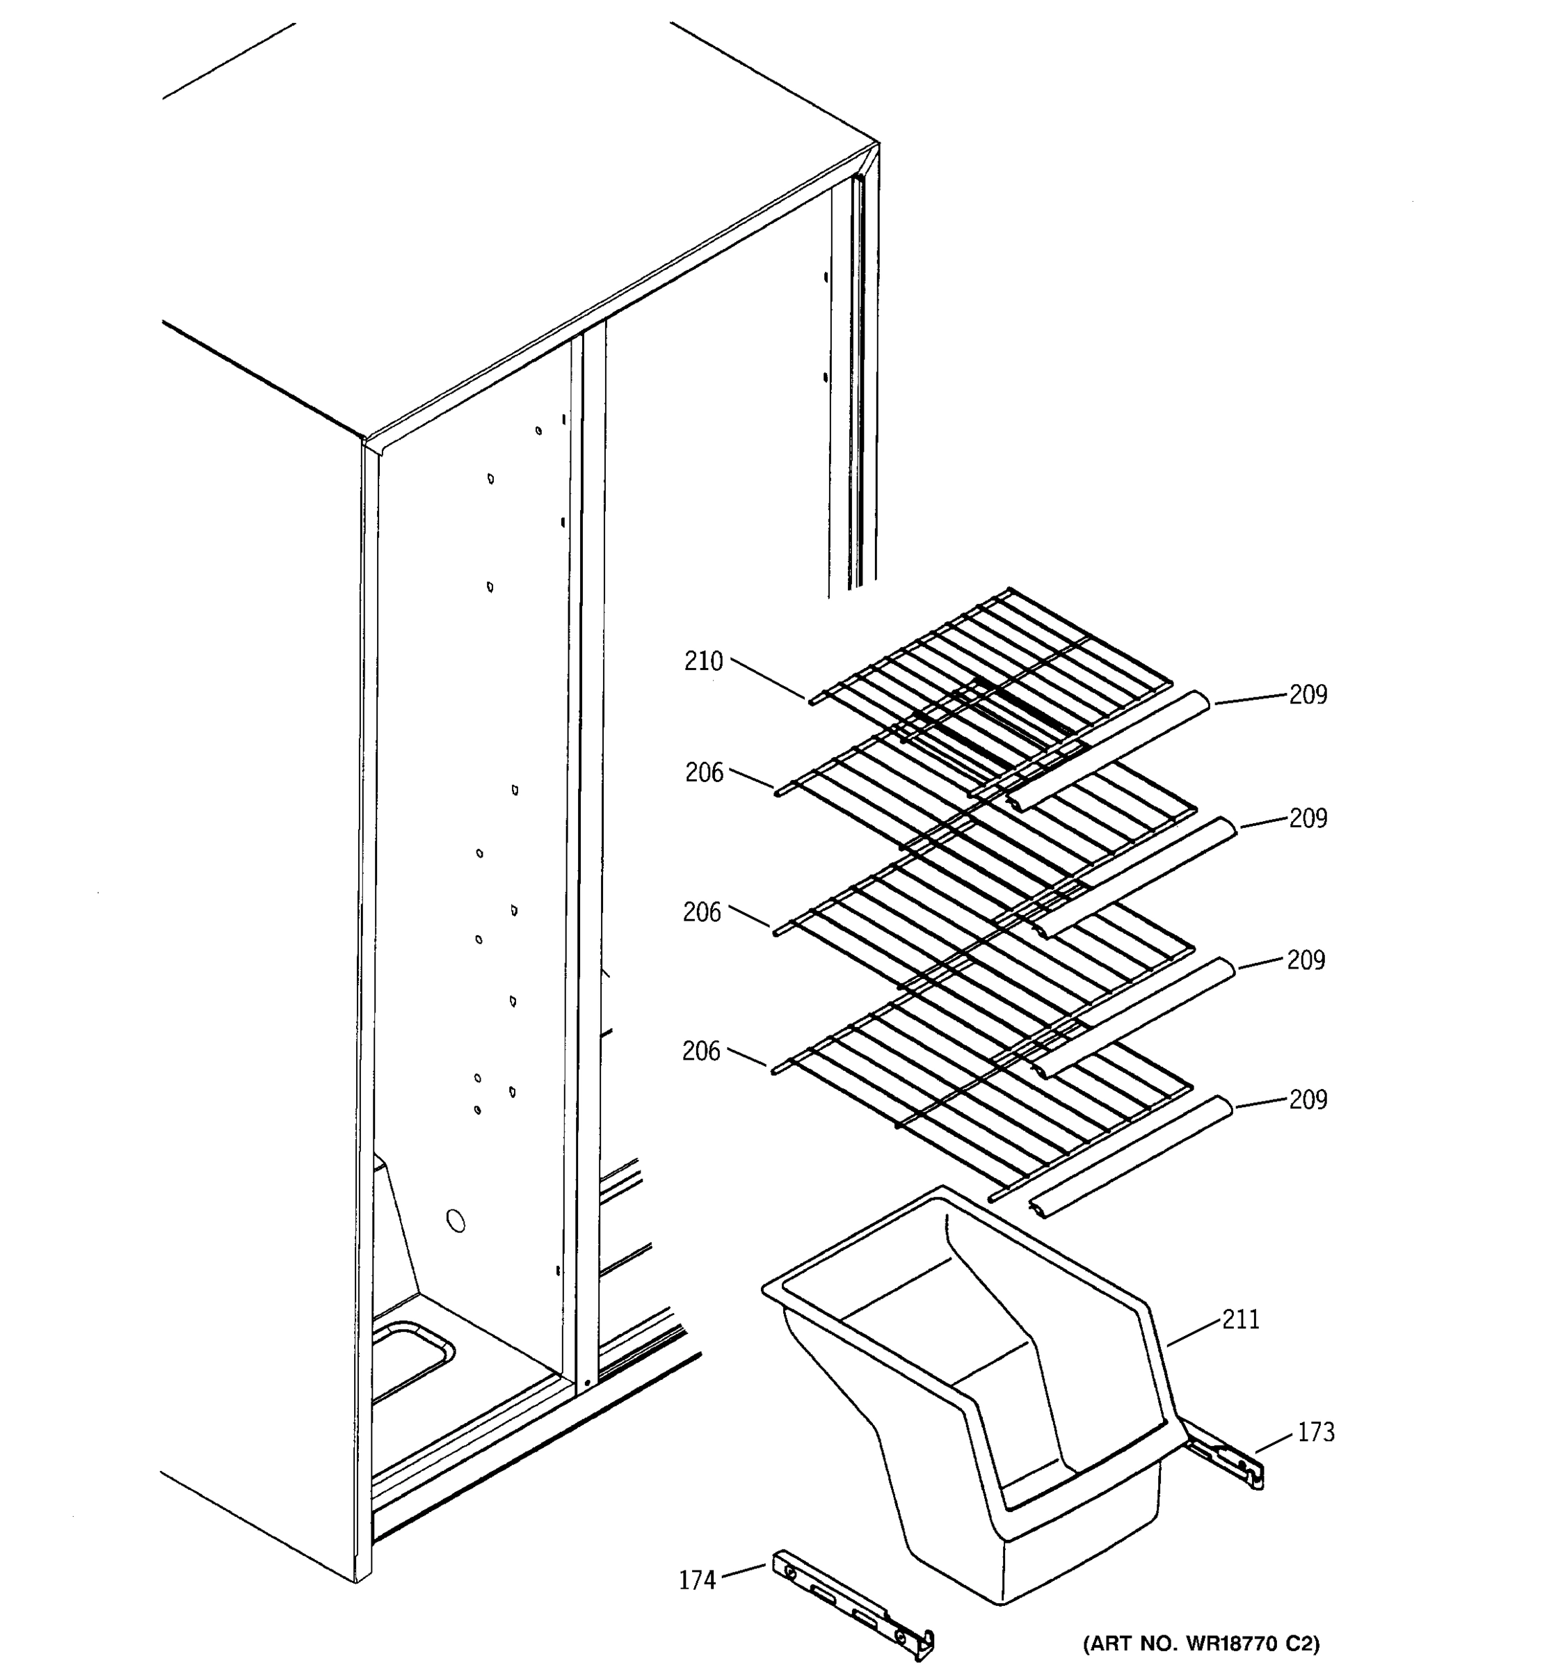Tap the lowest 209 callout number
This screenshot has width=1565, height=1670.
tap(1308, 1099)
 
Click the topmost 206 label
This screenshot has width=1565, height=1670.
tap(704, 773)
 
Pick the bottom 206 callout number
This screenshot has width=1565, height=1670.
tap(701, 1051)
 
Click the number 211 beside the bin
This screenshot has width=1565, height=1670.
tap(1240, 1320)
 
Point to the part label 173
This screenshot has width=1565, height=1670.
tap(1315, 1432)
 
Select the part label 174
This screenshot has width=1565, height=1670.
tap(697, 1581)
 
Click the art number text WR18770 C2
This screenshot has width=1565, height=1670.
tap(1201, 1644)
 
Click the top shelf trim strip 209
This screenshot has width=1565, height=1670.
tap(1108, 747)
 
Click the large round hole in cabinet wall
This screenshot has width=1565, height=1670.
tap(455, 1220)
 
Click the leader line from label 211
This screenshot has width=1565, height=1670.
tap(1192, 1333)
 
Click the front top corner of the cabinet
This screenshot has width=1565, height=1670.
tap(365, 439)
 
